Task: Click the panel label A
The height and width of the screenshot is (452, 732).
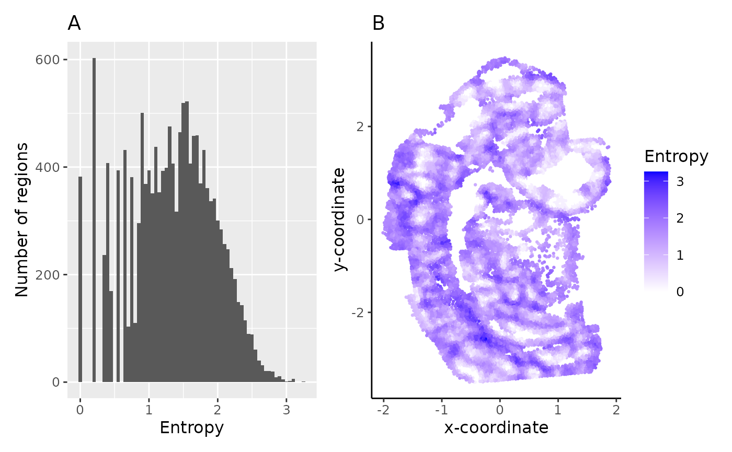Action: coord(74,24)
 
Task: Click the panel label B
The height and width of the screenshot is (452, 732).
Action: coord(378,24)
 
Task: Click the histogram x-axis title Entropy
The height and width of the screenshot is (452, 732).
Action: coord(191,428)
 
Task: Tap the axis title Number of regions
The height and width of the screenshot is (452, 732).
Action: coord(22,219)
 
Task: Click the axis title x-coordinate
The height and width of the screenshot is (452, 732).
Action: coord(496,428)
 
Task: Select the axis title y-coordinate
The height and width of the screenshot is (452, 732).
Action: coord(340,219)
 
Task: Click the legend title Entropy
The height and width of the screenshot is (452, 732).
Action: coord(676,156)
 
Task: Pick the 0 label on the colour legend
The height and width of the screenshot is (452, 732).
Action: coord(680,292)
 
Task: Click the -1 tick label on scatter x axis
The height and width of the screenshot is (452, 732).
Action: coord(441,408)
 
